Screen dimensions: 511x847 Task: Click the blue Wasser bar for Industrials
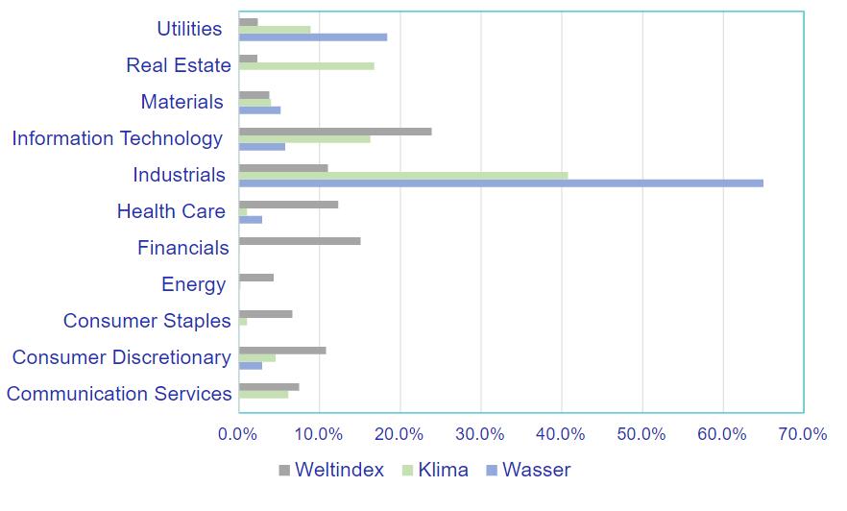[x=500, y=182]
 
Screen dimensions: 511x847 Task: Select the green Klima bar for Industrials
[x=402, y=176]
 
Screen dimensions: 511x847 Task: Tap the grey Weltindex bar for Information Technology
[x=334, y=132]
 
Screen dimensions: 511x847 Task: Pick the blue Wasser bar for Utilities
[x=312, y=37]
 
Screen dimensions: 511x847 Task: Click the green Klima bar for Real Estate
[x=305, y=66]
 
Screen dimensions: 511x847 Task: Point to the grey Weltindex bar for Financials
[x=299, y=241]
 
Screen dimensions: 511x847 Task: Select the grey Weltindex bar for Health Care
[x=288, y=205]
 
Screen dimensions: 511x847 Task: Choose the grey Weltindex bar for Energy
[x=255, y=278]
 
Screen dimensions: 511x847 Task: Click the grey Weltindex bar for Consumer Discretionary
[x=281, y=351]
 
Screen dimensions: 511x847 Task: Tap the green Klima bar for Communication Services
[x=263, y=394]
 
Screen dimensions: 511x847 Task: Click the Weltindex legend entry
[x=330, y=470]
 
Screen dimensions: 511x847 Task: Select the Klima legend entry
[x=433, y=470]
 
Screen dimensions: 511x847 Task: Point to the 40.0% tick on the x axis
[x=561, y=433]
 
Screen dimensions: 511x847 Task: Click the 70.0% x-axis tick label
[x=802, y=433]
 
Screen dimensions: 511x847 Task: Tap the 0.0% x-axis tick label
[x=238, y=433]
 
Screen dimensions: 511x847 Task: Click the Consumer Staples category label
[x=147, y=321]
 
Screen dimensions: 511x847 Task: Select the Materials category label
[x=181, y=102]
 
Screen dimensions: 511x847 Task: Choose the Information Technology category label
[x=117, y=138]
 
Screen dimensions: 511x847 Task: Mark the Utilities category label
[x=189, y=29]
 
